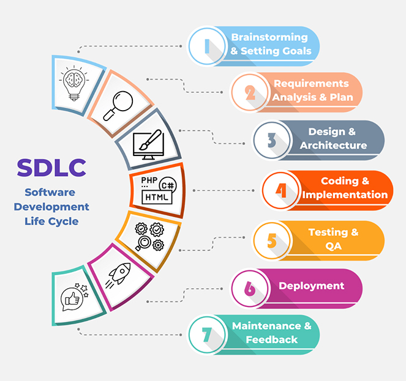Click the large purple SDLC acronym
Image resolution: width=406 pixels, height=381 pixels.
[x=51, y=168]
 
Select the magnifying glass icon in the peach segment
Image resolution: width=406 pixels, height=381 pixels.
[x=118, y=106]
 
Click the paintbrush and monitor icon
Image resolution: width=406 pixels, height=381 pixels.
[x=148, y=145]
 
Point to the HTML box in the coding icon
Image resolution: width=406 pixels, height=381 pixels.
[x=157, y=198]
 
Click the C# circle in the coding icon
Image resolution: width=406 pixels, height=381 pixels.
[x=168, y=185]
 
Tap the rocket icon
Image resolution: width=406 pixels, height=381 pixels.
[x=118, y=275]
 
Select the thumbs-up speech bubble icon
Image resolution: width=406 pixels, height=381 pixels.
[x=75, y=297]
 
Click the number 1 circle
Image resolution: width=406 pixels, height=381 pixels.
[x=207, y=46]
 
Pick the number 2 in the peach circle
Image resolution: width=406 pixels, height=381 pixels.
[x=250, y=92]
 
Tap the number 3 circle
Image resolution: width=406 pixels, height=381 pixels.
[x=272, y=140]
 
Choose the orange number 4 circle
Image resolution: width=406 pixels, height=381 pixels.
[x=280, y=190]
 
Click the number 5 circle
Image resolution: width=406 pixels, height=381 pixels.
[x=272, y=240]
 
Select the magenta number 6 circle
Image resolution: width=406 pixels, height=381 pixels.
[x=250, y=289]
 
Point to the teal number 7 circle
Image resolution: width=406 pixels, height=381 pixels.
[x=207, y=335]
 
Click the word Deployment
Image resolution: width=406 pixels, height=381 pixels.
[x=312, y=286]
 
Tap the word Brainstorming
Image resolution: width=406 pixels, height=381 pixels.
[x=269, y=37]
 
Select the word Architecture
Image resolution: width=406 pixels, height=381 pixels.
[x=334, y=146]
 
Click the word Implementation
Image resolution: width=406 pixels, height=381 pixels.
[x=345, y=194]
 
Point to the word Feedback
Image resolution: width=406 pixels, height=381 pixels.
[x=272, y=339]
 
